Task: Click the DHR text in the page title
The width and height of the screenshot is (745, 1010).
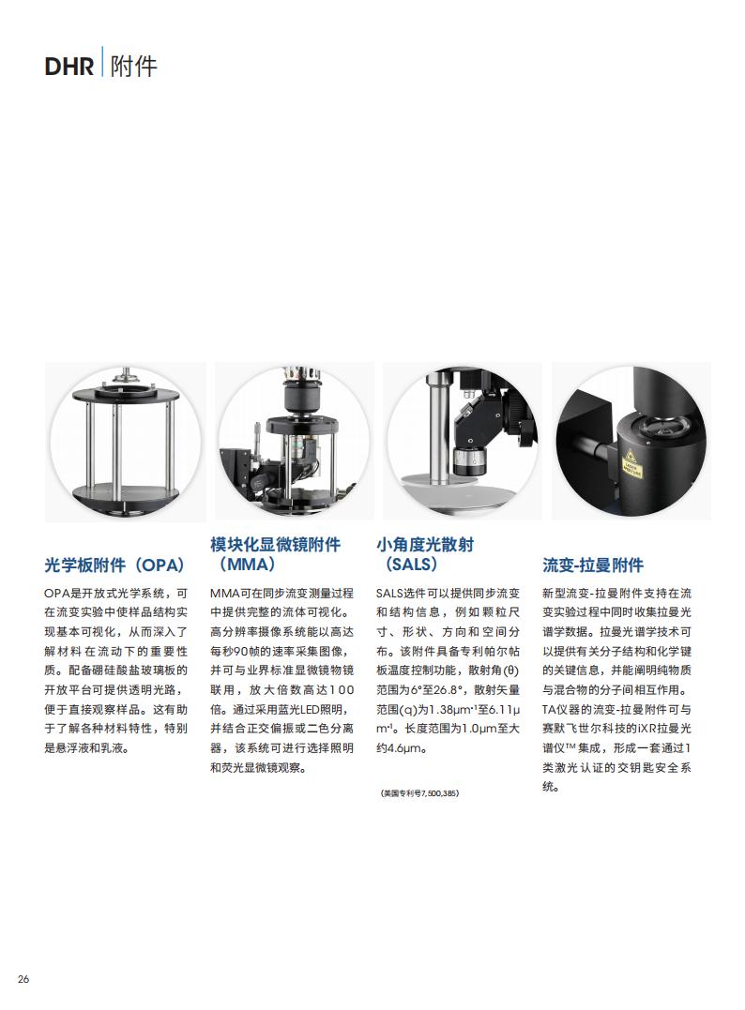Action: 68,67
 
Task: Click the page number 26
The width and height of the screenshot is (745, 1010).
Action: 23,979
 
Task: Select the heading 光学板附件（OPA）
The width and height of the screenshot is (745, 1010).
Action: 114,565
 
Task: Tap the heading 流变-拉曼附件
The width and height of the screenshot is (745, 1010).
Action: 592,565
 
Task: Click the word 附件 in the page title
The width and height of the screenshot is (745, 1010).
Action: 133,67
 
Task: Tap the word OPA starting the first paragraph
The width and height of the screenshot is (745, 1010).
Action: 56,594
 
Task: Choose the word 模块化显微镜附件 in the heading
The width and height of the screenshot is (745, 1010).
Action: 276,544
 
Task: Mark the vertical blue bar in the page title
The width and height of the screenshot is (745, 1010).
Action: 102,61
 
